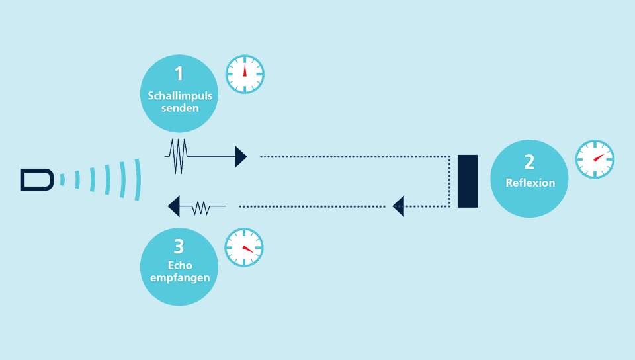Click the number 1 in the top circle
click(179, 73)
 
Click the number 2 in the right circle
click(529, 162)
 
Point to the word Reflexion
click(530, 183)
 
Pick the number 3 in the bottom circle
click(179, 247)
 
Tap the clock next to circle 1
click(245, 74)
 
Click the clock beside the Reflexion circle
click(595, 159)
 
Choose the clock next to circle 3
click(244, 247)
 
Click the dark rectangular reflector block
click(467, 181)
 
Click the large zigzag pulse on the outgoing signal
click(179, 157)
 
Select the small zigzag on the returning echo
click(201, 208)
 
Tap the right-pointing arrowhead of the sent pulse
click(241, 157)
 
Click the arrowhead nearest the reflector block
click(398, 206)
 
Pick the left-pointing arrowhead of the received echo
click(174, 207)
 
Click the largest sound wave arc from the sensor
click(138, 179)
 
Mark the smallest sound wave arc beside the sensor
click(63, 179)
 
